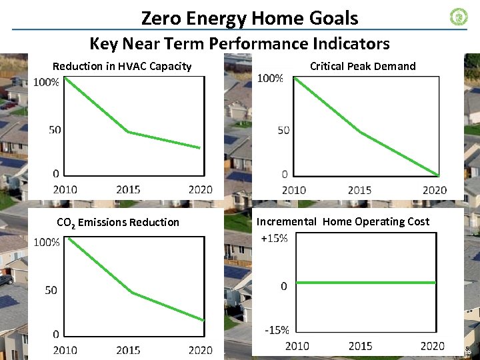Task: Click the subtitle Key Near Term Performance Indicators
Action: click(x=239, y=44)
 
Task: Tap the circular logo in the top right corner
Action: click(x=459, y=17)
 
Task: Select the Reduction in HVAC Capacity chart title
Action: click(x=122, y=66)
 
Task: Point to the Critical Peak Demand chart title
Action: click(x=363, y=66)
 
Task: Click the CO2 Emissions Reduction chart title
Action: click(x=118, y=222)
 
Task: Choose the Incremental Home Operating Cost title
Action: click(x=343, y=221)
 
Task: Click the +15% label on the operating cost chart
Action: click(x=274, y=239)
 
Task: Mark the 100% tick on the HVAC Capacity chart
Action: click(x=46, y=83)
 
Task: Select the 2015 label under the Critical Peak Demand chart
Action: click(x=360, y=190)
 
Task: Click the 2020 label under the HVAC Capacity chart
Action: click(x=200, y=189)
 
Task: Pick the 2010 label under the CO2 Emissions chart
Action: click(x=65, y=350)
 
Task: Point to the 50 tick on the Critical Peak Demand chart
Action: click(x=283, y=130)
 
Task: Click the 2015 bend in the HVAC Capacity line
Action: click(x=129, y=132)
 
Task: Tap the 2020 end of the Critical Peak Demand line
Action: click(x=439, y=176)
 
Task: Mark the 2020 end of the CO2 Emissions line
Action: click(x=203, y=321)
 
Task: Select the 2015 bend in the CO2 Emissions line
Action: click(x=131, y=293)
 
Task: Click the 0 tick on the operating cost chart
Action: click(x=283, y=286)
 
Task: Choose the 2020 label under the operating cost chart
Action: click(x=432, y=345)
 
